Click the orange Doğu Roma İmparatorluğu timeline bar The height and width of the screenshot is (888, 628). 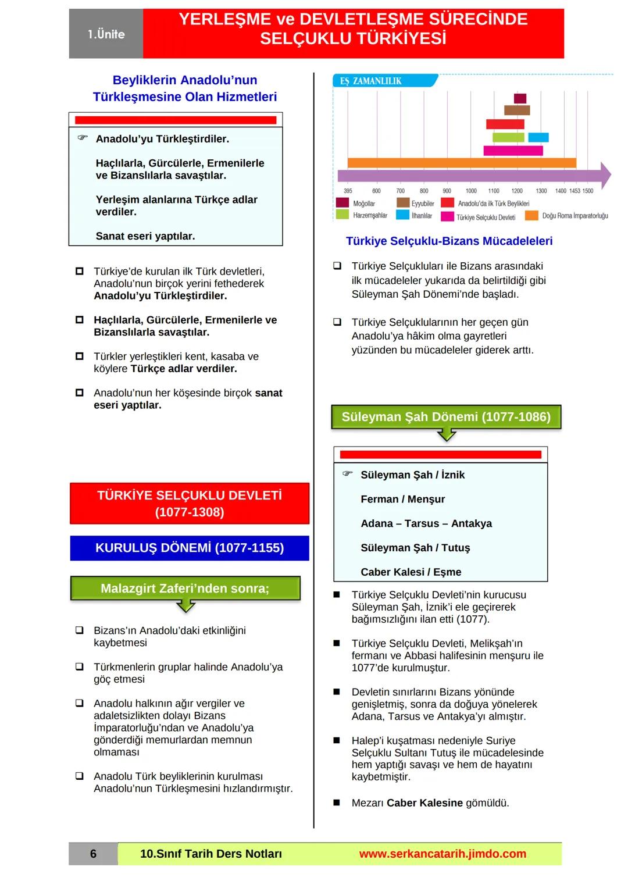462,163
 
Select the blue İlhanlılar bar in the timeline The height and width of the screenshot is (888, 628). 538,138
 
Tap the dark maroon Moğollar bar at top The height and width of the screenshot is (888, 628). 520,98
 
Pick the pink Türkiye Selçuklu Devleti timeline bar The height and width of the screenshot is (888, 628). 513,151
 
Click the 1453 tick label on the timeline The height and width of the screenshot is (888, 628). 575,191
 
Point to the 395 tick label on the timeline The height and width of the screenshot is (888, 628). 348,191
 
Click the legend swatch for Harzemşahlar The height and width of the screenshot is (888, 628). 342,215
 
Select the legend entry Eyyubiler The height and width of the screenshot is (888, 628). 423,204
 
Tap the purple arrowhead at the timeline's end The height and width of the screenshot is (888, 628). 605,175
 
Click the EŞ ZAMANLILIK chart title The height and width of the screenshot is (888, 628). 371,81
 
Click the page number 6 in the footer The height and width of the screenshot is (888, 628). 93,854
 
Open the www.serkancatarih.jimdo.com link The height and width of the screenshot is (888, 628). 443,854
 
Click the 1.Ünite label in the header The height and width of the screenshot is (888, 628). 106,34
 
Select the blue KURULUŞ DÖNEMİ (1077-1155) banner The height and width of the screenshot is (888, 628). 190,548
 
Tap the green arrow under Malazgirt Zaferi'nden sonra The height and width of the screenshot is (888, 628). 185,607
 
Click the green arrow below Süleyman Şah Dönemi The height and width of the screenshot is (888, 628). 446,435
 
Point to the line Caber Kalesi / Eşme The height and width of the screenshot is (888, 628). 411,572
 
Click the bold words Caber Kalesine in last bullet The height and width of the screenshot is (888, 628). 424,803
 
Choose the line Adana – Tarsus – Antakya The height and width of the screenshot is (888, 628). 426,523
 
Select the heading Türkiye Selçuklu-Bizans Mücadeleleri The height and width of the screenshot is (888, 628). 449,241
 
